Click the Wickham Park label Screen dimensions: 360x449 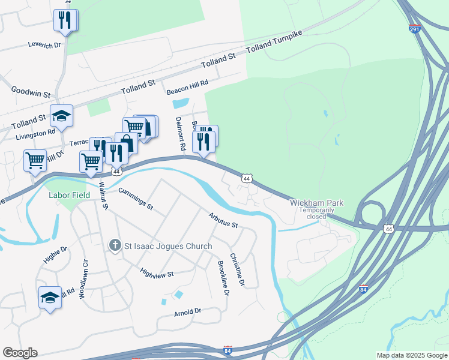[x=317, y=203]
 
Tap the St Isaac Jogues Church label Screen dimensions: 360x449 [x=168, y=246]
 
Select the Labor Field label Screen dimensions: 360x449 [x=69, y=195]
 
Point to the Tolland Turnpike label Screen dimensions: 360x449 [x=277, y=41]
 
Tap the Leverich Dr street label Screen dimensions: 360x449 [x=44, y=44]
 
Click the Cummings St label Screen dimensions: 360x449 [x=136, y=199]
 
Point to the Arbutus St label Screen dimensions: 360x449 [x=223, y=221]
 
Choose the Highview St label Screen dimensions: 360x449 [x=156, y=273]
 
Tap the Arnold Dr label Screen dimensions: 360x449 [x=187, y=313]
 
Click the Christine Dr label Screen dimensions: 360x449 [x=238, y=269]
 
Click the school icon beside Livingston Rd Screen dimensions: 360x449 [x=61, y=115]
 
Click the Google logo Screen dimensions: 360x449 [x=20, y=353]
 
